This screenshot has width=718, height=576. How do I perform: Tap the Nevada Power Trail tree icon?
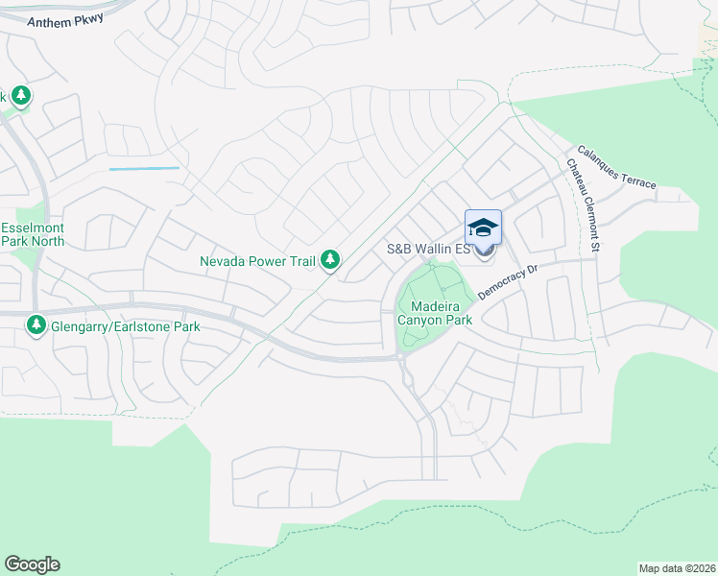(x=330, y=259)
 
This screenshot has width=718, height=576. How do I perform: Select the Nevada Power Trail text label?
(x=257, y=260)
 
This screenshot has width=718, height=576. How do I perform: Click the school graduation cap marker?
(x=483, y=228)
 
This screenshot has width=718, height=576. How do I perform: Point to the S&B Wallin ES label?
(x=428, y=249)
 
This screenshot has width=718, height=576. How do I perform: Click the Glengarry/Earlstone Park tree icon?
(x=36, y=326)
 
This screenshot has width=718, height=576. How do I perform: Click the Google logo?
(x=32, y=564)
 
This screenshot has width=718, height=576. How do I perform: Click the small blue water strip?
(x=144, y=169)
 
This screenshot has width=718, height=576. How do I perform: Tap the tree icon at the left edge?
(x=20, y=96)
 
